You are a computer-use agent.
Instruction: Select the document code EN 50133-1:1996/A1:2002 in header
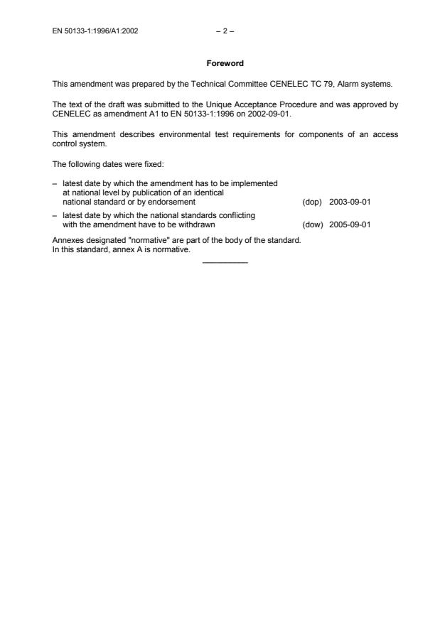95,31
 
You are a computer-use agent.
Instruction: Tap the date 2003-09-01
350,202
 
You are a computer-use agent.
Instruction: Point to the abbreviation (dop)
312,202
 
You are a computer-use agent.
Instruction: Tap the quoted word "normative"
152,241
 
